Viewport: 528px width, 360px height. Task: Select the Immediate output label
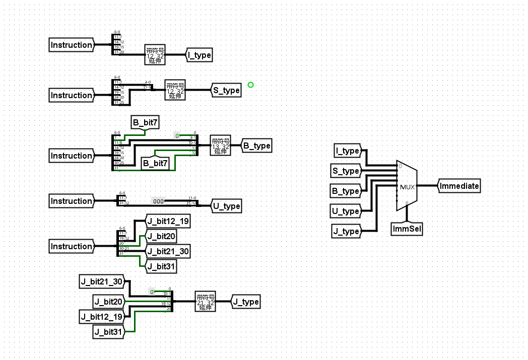coord(458,186)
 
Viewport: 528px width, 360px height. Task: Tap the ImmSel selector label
coord(407,229)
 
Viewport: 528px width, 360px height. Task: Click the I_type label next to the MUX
coord(347,151)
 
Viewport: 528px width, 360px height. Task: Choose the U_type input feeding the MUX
coord(346,211)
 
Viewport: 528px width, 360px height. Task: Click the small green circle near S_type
coord(250,85)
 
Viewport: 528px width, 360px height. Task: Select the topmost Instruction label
coord(72,45)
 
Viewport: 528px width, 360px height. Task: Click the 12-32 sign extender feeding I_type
coord(155,55)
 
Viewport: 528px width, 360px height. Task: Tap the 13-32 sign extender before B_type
coord(220,146)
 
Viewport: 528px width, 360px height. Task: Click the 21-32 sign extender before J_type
coord(205,302)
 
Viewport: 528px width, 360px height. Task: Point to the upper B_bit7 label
coord(145,122)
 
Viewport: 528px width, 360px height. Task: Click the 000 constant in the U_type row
coord(158,201)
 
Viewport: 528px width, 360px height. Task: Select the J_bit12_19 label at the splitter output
coord(168,221)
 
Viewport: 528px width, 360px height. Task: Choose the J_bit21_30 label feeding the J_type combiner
coord(102,281)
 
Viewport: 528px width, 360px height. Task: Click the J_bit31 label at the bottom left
coord(108,332)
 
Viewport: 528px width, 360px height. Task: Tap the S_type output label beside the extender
coord(226,90)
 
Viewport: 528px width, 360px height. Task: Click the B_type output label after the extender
coord(256,146)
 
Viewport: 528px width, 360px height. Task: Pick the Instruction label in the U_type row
coord(72,201)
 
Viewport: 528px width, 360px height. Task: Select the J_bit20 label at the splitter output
coord(161,236)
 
